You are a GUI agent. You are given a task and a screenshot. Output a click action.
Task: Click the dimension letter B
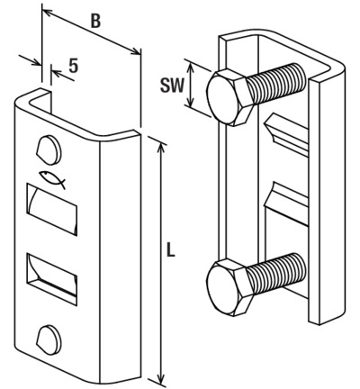(95, 22)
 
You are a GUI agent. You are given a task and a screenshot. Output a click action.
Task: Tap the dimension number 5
(74, 66)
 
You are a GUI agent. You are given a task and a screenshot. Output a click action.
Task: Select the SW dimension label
(171, 86)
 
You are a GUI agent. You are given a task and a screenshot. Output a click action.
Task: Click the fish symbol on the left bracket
(52, 179)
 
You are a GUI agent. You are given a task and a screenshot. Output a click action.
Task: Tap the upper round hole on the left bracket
(49, 150)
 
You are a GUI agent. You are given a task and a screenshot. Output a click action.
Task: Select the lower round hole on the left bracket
(49, 339)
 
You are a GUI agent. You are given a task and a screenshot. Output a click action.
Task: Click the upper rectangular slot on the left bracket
(52, 209)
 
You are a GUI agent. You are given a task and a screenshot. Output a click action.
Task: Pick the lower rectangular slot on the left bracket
(52, 279)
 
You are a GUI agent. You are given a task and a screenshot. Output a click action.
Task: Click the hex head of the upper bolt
(228, 97)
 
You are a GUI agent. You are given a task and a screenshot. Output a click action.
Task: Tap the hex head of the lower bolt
(228, 287)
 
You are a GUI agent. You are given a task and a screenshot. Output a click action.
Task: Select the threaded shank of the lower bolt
(277, 273)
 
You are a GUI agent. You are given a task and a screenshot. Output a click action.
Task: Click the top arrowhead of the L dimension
(162, 147)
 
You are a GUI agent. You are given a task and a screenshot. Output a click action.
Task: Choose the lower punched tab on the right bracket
(286, 204)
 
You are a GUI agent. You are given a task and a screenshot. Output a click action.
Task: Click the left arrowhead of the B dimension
(48, 13)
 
